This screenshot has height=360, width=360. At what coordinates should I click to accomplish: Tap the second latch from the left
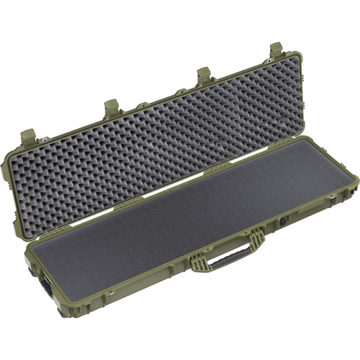click(x=111, y=106)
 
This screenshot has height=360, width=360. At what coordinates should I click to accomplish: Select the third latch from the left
click(x=204, y=76)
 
